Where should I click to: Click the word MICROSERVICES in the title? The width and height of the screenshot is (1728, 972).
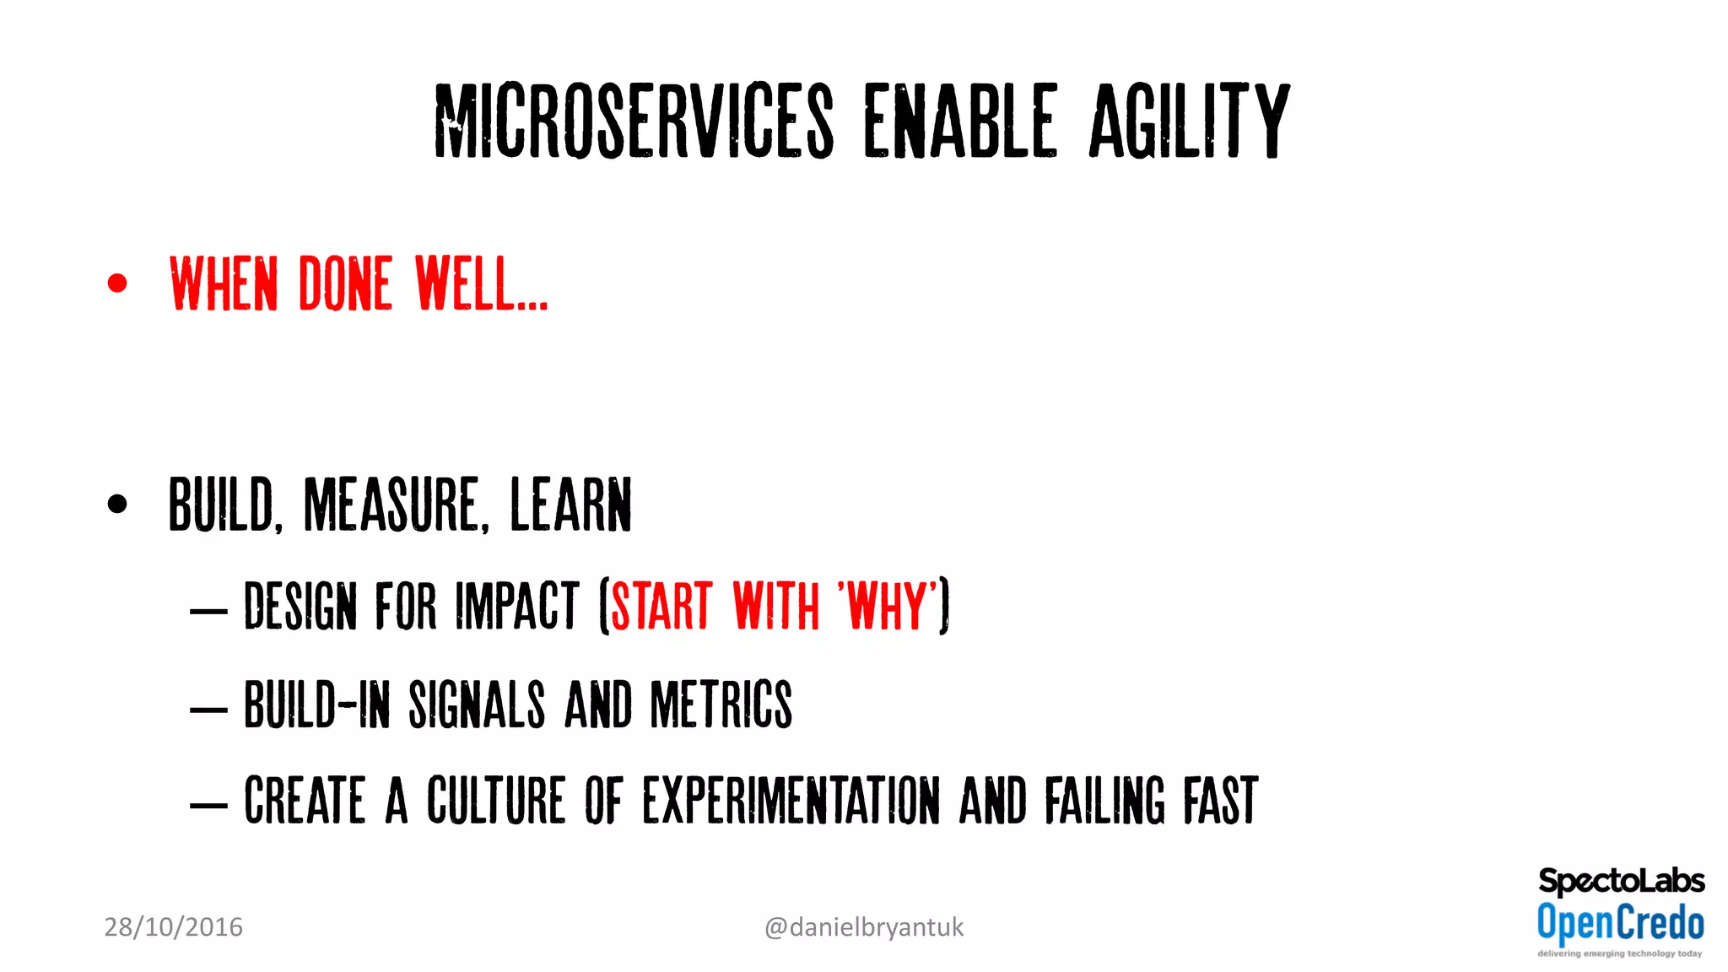[634, 121]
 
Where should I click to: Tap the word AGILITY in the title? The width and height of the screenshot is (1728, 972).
[1189, 121]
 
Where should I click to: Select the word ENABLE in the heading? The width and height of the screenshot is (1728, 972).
[960, 121]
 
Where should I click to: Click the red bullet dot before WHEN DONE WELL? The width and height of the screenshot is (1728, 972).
[117, 283]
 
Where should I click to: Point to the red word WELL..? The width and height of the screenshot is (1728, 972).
[481, 283]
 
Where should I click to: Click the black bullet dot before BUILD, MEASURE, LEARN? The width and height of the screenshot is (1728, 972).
[117, 504]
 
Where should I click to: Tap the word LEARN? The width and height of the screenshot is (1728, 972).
[570, 505]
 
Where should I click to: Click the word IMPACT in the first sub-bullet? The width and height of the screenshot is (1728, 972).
[517, 606]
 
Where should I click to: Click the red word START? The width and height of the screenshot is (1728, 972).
[661, 606]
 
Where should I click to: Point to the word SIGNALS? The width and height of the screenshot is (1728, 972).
[477, 705]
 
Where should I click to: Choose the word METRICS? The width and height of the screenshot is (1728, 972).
[721, 705]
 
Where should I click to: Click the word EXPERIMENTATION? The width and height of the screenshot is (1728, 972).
[791, 801]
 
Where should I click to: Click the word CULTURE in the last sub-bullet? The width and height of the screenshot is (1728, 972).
[495, 801]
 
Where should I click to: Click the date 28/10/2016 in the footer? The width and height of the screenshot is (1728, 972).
[173, 927]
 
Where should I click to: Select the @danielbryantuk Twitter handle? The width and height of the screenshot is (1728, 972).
[863, 927]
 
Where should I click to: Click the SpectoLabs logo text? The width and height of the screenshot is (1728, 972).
[1621, 881]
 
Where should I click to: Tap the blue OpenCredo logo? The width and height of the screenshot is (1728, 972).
[1620, 922]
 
